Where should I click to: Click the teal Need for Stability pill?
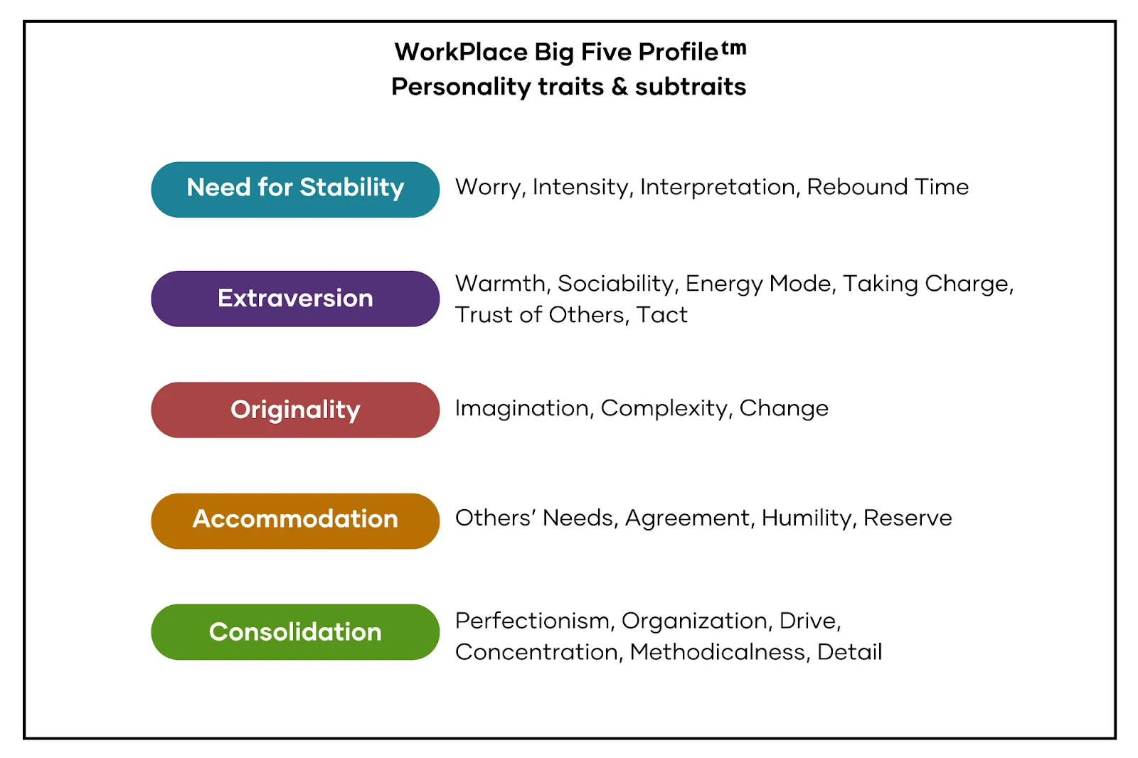(295, 189)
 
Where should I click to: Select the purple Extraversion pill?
(295, 299)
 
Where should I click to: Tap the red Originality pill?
(295, 410)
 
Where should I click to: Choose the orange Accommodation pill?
(295, 521)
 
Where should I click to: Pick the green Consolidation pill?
(295, 632)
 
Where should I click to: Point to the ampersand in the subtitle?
(619, 87)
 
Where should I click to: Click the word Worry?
(488, 188)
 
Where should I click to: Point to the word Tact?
(661, 315)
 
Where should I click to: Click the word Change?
(784, 408)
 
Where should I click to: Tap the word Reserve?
(908, 518)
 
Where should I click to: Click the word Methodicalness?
(720, 652)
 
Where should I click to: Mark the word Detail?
(849, 652)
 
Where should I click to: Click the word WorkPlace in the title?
(462, 52)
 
